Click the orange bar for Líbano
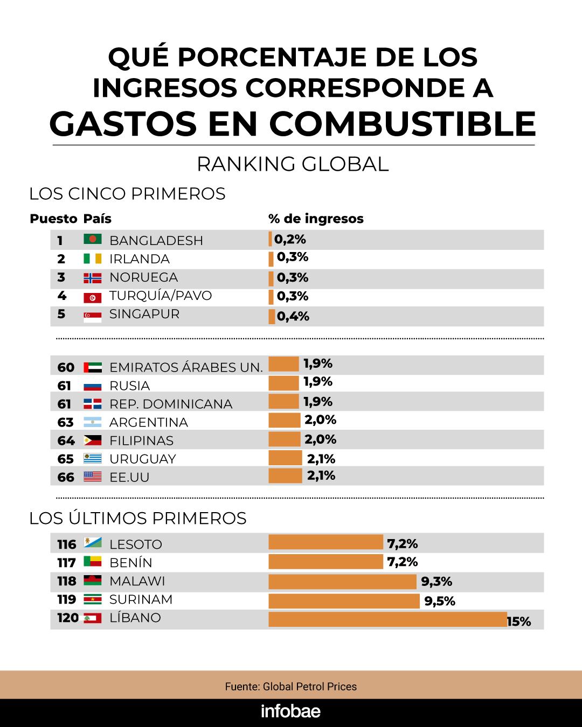(387, 619)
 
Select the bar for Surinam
(344, 601)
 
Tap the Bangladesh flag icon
(93, 239)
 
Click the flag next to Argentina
(93, 422)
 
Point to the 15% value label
(519, 621)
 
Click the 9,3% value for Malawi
(436, 582)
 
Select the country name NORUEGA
(143, 277)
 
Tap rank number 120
(68, 618)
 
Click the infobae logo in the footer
(290, 711)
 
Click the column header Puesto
(53, 219)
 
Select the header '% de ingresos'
(316, 219)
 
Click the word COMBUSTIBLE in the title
(402, 123)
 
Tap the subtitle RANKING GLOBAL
(293, 164)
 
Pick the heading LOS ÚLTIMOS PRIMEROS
(138, 518)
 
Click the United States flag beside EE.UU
(93, 477)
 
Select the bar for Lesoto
(325, 542)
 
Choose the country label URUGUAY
(142, 459)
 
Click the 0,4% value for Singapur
(293, 317)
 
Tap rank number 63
(65, 422)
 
